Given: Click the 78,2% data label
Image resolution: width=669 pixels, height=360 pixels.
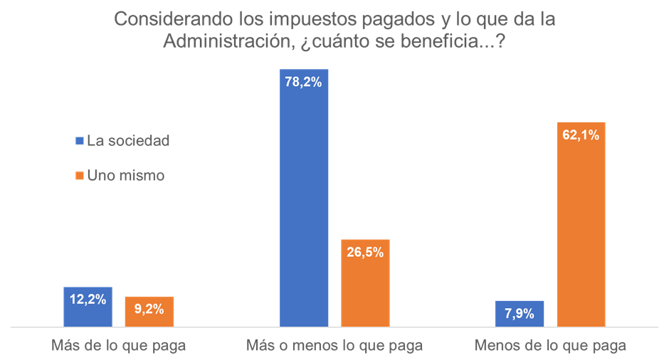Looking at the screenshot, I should (x=305, y=82).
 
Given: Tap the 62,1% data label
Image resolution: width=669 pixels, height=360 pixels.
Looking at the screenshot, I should (x=581, y=134).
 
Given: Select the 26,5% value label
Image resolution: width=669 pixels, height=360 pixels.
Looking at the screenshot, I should (x=365, y=252).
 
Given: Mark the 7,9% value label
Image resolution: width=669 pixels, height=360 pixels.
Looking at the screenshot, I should (x=520, y=313).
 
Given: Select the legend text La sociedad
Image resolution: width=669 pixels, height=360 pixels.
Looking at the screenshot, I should (x=128, y=141).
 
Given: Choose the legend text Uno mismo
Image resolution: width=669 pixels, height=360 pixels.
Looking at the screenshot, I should (x=125, y=176).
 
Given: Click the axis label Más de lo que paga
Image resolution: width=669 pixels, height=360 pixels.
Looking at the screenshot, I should (x=119, y=346).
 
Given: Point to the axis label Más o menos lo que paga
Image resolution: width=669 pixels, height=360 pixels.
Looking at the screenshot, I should (x=334, y=346).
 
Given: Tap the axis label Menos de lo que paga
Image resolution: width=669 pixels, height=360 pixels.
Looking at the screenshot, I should (x=550, y=346).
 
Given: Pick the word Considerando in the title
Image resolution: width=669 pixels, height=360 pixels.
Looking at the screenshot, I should (x=163, y=19).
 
